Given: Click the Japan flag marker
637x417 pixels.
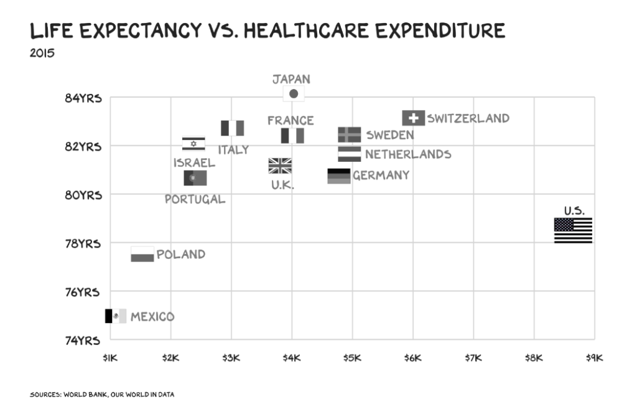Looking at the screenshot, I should point(294,94).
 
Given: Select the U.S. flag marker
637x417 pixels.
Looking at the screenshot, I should point(573,230).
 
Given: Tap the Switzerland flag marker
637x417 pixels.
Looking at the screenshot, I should point(414,118).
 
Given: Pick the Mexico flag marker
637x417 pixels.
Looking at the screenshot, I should point(116,316).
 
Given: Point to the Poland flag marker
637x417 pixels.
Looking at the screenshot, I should point(142,254).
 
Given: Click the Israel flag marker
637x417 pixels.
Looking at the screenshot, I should point(193,144).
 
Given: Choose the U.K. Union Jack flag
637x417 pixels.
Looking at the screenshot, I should point(280,166).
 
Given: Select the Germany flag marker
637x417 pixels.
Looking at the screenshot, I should point(339,176).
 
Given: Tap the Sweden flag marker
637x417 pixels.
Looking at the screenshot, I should point(350,134).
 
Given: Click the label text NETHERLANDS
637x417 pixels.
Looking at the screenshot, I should point(408,154).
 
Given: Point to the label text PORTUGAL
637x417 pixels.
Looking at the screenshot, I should point(195,199).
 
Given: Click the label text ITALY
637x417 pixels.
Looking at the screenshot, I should point(233,150).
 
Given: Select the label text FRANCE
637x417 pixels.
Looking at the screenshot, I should point(291,120).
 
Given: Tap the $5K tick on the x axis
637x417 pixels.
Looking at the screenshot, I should point(352,358).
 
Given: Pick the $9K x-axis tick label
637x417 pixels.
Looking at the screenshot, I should point(594,358).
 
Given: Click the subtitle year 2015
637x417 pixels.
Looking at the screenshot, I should point(42,53).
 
